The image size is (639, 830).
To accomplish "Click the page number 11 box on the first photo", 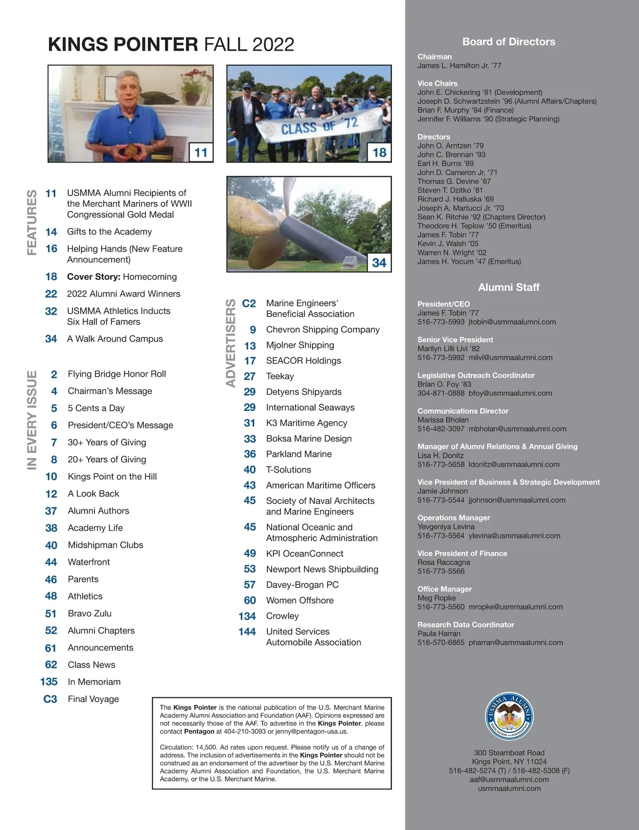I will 201,152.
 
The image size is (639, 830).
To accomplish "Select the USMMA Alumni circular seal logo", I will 509,717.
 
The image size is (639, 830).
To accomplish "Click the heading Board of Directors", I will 509,42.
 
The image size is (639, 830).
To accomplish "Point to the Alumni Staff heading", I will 509,287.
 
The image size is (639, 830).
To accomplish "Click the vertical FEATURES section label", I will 32,222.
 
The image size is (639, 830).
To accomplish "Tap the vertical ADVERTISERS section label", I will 231,343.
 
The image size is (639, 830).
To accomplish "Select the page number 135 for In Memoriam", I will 49,682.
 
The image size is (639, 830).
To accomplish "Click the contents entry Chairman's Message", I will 110,391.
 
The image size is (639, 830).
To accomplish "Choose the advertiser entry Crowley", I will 282,616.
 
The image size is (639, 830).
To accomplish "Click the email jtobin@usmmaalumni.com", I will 512,322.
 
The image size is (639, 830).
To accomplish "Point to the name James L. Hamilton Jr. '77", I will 459,66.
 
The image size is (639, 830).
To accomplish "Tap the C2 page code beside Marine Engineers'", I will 249,303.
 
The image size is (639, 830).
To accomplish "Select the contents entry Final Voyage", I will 93,699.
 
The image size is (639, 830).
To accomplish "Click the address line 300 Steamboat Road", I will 509,753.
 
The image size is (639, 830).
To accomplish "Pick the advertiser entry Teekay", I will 280,376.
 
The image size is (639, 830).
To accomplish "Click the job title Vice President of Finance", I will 462,553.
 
